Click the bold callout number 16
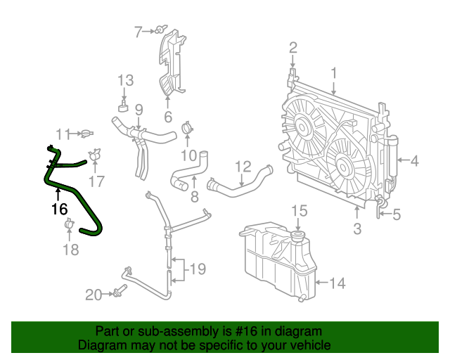point(59,209)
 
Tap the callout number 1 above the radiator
point(335,72)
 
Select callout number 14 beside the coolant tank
point(337,283)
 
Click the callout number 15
point(300,210)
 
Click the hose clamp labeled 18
point(70,225)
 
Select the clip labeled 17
point(95,155)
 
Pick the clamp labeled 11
point(86,133)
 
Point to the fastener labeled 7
point(161,30)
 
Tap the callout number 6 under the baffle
point(168,117)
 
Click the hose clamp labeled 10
point(187,128)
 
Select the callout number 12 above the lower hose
point(243,167)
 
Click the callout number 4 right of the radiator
point(414,161)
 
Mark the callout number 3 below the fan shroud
point(357,228)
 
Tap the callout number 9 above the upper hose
point(139,109)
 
